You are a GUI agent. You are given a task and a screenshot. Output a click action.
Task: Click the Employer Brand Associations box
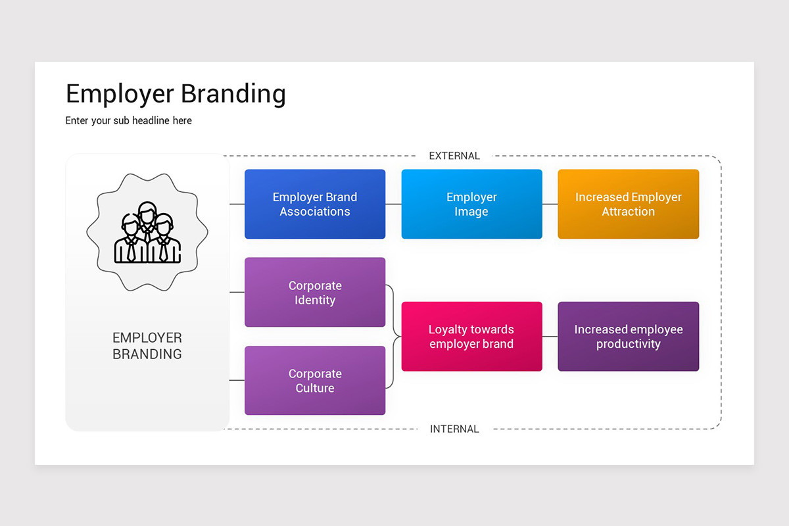pos(315,204)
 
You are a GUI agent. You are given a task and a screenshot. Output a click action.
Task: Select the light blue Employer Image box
pos(471,204)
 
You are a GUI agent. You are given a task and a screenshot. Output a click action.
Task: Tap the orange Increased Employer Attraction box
pos(628,204)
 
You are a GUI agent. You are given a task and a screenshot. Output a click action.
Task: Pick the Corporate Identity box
pos(315,292)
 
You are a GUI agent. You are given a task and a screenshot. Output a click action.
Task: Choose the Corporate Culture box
pos(315,380)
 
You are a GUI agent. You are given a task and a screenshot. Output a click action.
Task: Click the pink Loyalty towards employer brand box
pos(471,336)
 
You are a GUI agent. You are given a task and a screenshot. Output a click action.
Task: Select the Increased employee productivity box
pos(628,336)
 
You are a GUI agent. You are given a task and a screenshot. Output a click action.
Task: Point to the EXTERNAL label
pos(454,156)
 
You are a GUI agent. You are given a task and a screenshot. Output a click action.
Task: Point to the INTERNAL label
pos(454,429)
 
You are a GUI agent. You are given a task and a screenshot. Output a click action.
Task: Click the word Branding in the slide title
pos(233,94)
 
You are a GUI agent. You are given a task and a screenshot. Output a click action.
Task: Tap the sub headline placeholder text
pos(129,121)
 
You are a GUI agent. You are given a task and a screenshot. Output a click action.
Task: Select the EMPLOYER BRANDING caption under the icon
pos(147,346)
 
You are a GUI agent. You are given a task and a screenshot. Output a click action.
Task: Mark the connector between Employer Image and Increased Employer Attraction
pos(550,204)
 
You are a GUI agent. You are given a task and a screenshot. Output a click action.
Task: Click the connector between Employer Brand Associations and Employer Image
pos(393,204)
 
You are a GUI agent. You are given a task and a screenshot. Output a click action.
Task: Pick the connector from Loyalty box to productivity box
pos(550,336)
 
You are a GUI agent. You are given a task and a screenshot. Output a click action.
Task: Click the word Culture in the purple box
pos(315,388)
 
